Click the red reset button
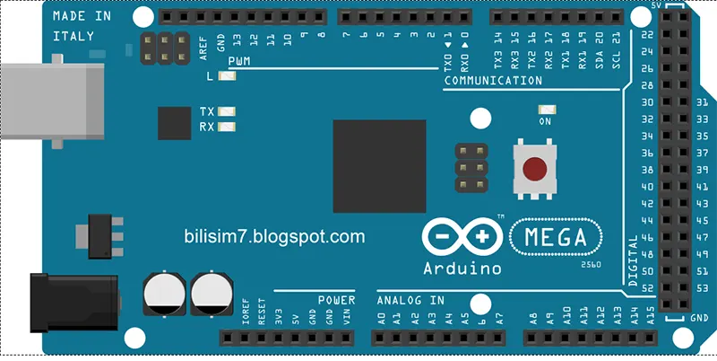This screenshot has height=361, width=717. click(535, 168)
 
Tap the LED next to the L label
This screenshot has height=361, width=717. click(226, 76)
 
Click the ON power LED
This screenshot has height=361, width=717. click(545, 110)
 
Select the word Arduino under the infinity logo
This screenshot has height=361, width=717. click(462, 269)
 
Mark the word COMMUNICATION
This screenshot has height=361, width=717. click(493, 81)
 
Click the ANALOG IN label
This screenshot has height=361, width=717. click(410, 300)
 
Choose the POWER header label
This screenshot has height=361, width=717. click(336, 300)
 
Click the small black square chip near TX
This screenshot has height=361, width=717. click(174, 123)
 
